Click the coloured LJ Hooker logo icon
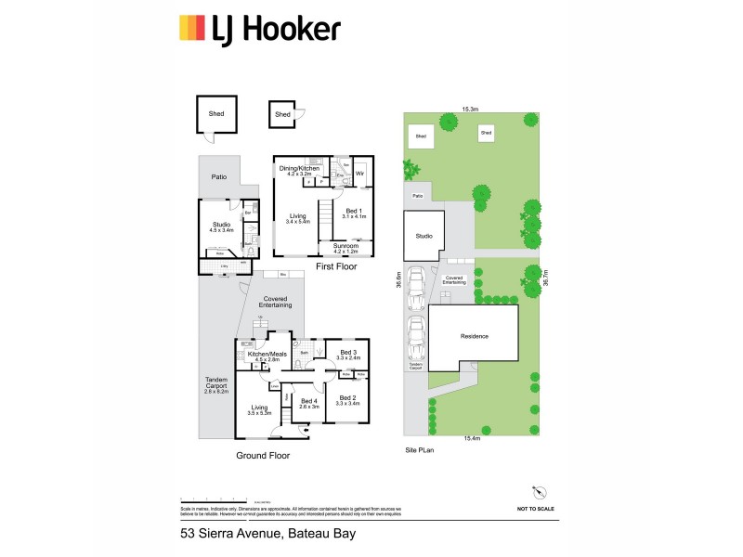tap(192, 29)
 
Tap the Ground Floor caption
tap(262, 456)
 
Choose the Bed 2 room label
tap(346, 399)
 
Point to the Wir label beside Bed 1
tap(359, 174)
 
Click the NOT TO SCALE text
tap(537, 510)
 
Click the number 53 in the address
tap(188, 534)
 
